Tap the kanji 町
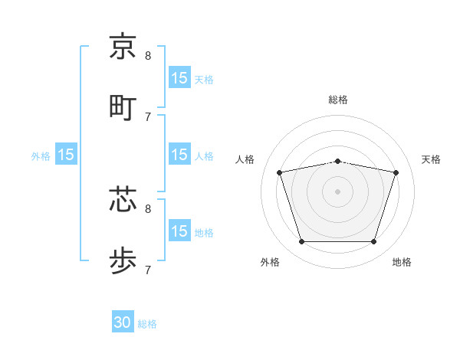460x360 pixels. (123, 106)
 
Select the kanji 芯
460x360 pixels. (123, 198)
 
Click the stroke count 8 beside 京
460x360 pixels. (148, 55)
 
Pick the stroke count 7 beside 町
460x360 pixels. (148, 116)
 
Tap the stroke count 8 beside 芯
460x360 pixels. (148, 208)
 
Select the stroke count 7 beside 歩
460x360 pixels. (148, 270)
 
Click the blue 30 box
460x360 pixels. (123, 323)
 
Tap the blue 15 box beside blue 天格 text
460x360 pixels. (179, 78)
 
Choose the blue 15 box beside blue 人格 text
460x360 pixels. (179, 155)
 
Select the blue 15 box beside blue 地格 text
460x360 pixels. (179, 232)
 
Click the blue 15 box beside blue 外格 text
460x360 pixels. (66, 155)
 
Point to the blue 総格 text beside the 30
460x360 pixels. (147, 324)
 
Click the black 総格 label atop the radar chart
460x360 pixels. (338, 100)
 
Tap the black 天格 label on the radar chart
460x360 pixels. (431, 159)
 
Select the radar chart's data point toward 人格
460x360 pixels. (280, 173)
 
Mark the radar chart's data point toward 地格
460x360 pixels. (374, 242)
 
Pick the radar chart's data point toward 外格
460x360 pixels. (301, 242)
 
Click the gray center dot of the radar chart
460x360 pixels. (338, 191)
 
